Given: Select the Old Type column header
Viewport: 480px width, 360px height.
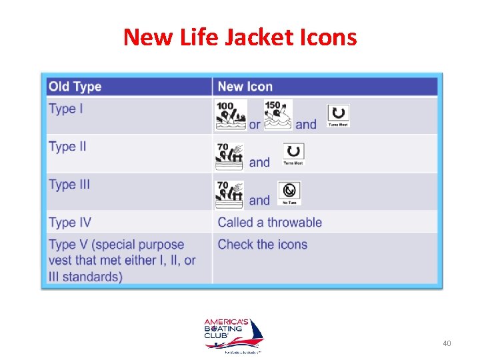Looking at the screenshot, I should coord(75,87).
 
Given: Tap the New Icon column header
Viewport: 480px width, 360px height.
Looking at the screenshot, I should coord(245,87).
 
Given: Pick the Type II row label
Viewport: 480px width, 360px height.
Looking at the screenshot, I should coord(67,147).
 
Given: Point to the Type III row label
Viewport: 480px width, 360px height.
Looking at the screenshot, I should coord(69,185).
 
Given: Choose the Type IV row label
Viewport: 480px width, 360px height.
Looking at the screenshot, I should coord(69,223).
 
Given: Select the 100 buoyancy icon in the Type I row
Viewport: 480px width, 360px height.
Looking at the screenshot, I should coord(230,115).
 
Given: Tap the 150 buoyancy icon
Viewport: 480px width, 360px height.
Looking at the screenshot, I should coord(277,115).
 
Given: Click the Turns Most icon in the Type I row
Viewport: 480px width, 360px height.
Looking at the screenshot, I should coord(338,115).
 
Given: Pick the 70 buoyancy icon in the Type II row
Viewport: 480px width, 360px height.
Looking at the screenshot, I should coord(229,157).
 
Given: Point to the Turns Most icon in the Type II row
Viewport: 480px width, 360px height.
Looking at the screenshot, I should coord(293,154).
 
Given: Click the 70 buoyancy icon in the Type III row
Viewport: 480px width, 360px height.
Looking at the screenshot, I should coord(229,195).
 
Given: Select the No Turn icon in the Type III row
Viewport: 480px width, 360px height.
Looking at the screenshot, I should coord(289,193).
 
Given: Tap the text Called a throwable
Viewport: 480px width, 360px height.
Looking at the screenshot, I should coord(269,223).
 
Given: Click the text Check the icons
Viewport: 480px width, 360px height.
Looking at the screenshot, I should coord(262,244).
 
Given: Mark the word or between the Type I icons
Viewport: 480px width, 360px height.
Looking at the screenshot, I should coord(255,125).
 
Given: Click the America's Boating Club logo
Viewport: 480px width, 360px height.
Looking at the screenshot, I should coord(233,335).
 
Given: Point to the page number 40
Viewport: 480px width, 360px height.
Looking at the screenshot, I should coord(447,343).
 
